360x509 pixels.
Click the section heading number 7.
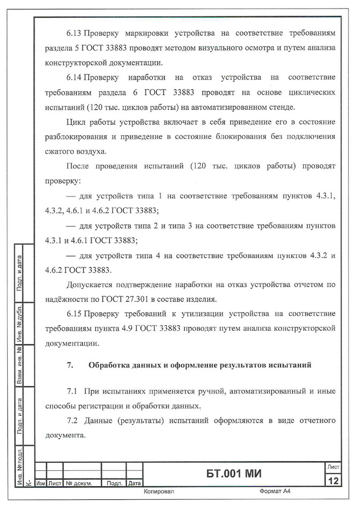[x=70, y=364]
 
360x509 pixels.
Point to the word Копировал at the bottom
[x=160, y=492]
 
